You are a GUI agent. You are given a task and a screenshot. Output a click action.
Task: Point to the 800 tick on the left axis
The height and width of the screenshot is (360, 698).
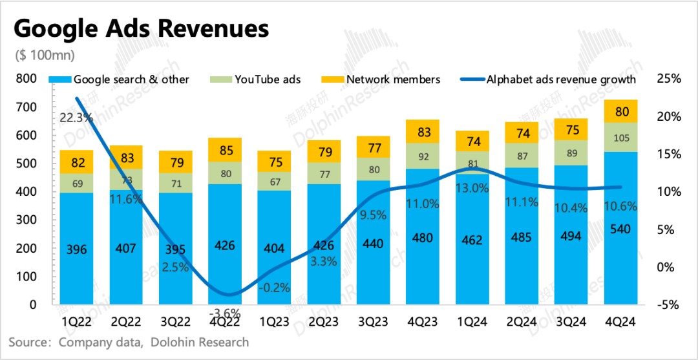28,79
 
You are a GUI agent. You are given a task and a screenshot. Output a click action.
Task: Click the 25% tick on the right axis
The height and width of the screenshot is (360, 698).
668,79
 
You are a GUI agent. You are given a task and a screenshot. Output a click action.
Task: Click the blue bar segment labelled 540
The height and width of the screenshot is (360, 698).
621,229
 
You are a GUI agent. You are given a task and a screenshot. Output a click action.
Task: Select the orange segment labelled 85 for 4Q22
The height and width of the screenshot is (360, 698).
224,150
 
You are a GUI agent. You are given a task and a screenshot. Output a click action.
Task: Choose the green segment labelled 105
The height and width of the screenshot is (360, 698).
621,137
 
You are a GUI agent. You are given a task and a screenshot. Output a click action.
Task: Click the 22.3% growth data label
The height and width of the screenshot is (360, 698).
76,118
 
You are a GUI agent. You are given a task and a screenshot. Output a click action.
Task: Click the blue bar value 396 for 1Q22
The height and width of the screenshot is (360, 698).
76,249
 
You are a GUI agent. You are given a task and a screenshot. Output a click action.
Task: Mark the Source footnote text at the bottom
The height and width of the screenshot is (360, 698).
129,341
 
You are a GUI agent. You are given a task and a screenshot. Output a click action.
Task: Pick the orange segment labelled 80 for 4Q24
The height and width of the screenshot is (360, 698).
621,111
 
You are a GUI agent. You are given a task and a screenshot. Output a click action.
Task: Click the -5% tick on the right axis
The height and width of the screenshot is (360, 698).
668,304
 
